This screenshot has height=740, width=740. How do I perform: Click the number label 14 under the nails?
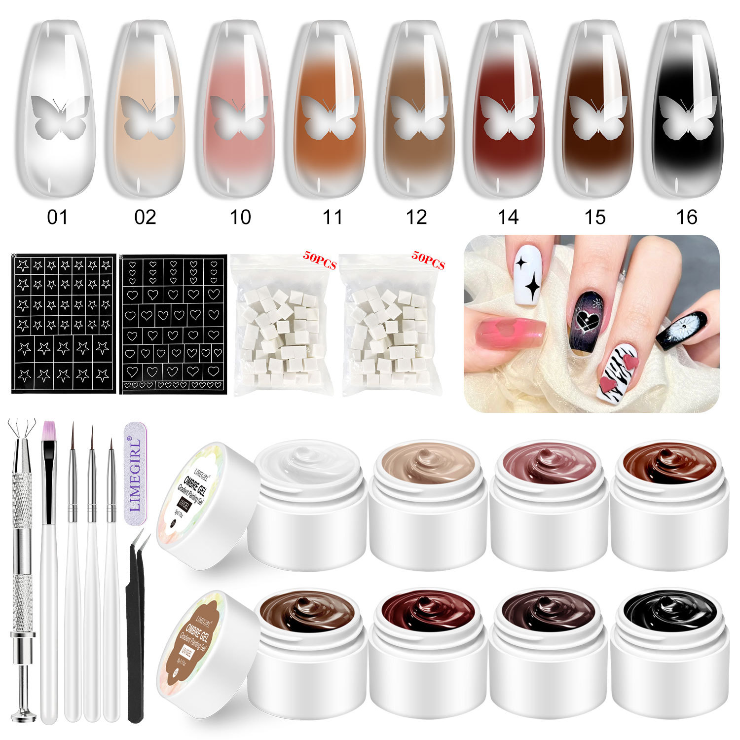point(508,217)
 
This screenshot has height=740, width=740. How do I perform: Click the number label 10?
point(240,217)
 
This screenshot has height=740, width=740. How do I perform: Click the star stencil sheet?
point(64,324)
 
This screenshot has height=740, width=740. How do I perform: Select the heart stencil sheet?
point(173,324)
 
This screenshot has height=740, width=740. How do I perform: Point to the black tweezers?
point(136,631)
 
